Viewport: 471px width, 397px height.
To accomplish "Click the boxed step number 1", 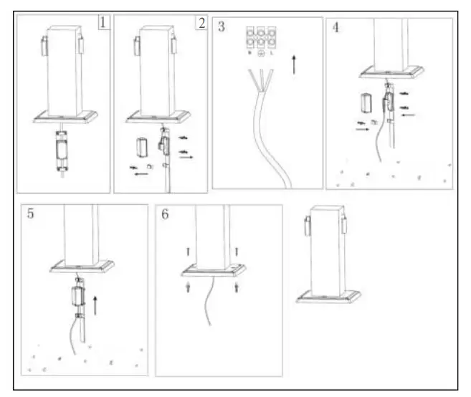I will click(x=104, y=22).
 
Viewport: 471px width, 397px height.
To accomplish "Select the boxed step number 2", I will click(x=201, y=22).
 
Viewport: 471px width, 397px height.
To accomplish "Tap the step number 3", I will click(x=222, y=27).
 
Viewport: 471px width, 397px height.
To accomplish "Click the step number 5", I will click(x=31, y=214).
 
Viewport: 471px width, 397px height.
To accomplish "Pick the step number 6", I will click(x=166, y=214).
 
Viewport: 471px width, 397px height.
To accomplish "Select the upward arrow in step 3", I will click(x=294, y=63).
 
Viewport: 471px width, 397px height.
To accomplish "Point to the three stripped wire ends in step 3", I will click(x=257, y=77).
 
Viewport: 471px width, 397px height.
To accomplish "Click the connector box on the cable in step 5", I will click(x=77, y=297).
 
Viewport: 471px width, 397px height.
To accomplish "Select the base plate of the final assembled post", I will click(x=329, y=296).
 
